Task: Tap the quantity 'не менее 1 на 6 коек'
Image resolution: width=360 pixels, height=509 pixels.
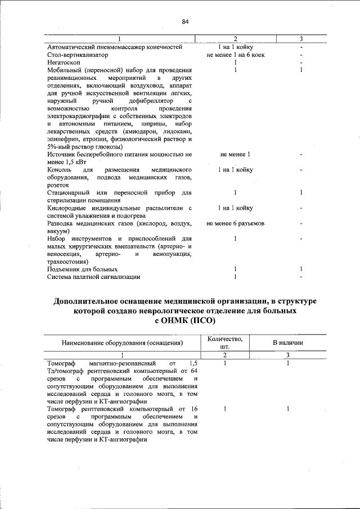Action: [236, 55]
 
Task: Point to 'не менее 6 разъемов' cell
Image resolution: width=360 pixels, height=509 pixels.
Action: [236, 223]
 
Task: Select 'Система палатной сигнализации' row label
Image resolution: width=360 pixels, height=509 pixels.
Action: [93, 277]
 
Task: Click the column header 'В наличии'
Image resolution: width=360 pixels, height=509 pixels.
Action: [288, 342]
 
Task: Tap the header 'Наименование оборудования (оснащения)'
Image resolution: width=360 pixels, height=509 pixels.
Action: [123, 342]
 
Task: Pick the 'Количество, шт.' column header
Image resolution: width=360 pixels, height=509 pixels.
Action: [225, 342]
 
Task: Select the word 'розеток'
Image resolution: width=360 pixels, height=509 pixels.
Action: [58, 184]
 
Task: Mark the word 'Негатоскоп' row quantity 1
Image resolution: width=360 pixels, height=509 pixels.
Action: [235, 62]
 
